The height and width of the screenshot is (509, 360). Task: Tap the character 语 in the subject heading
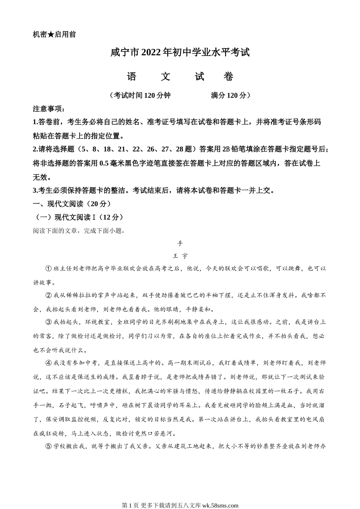click(132, 77)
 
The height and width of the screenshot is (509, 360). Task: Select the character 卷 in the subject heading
click(229, 77)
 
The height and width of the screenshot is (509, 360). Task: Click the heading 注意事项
click(49, 109)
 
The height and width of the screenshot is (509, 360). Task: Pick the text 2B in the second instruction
click(227, 150)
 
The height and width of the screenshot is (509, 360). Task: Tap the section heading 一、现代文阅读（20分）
click(72, 204)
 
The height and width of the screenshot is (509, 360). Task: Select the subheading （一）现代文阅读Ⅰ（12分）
click(79, 217)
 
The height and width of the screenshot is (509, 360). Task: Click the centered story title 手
click(180, 243)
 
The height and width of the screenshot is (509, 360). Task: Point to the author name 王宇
click(180, 256)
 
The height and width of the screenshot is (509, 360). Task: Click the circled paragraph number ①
click(48, 269)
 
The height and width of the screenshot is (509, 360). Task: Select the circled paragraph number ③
click(48, 322)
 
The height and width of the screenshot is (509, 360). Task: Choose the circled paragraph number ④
click(48, 363)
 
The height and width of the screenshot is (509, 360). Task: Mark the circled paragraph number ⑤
click(48, 446)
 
